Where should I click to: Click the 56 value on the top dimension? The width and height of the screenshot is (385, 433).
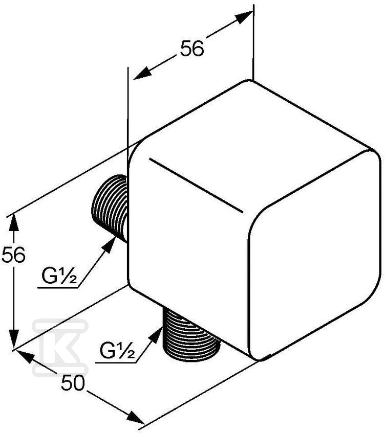click(x=192, y=49)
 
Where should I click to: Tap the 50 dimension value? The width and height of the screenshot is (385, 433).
click(x=73, y=383)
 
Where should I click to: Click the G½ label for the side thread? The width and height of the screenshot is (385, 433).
click(x=59, y=277)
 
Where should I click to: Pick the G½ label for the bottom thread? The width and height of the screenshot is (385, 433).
click(x=117, y=350)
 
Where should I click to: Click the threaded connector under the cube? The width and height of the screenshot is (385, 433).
click(x=191, y=335)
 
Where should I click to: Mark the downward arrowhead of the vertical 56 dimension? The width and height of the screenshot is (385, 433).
click(x=13, y=339)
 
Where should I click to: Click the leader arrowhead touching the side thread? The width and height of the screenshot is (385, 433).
click(x=109, y=245)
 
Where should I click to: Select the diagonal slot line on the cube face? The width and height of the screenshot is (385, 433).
click(x=196, y=185)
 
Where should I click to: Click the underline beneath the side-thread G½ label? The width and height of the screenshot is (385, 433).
click(x=57, y=288)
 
